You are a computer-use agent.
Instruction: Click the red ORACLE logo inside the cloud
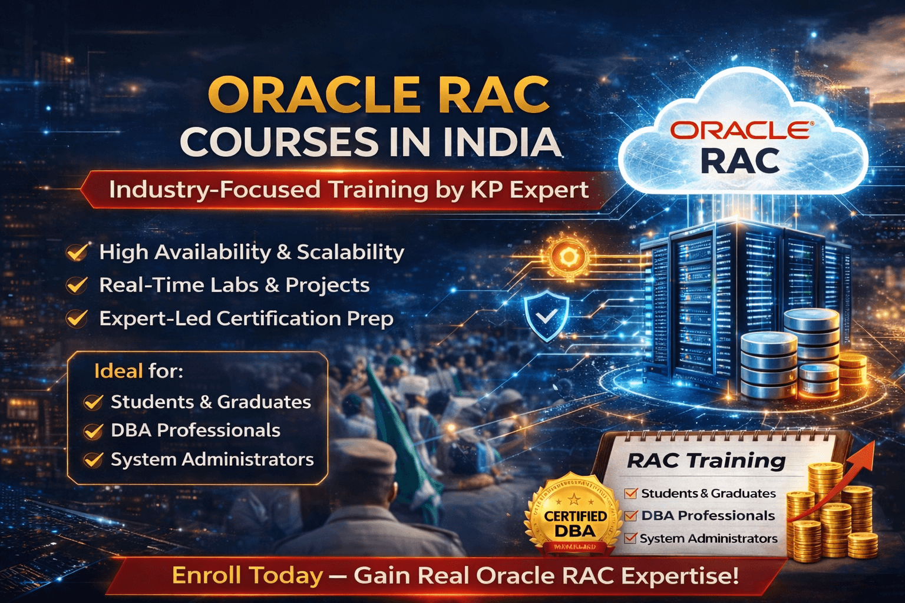pos(741,131)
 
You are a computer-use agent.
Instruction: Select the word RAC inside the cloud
pos(741,161)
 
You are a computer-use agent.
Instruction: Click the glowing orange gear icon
pos(568,257)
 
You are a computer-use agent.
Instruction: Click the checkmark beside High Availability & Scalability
pos(77,252)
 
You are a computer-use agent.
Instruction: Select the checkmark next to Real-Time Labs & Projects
pos(77,285)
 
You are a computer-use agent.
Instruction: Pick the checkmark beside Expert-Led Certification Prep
pos(77,319)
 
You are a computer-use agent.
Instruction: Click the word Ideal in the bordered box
pos(118,371)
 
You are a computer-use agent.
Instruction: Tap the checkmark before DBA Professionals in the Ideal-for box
pos(93,431)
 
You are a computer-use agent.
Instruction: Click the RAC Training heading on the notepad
pos(706,460)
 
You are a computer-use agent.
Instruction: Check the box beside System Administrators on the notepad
pos(630,538)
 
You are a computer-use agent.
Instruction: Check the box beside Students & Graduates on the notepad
pos(631,493)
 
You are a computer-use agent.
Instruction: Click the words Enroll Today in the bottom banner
pos(247,575)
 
